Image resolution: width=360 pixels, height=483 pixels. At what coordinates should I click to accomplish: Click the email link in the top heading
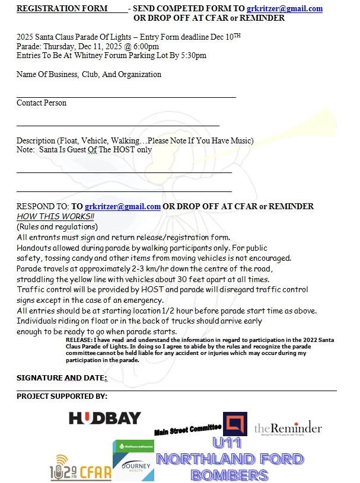[x=285, y=8]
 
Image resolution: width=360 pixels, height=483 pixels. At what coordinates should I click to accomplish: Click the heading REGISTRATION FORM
[x=62, y=8]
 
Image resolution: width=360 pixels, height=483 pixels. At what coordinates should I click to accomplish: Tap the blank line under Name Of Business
[x=126, y=95]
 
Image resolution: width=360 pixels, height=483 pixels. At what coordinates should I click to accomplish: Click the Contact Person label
[x=42, y=103]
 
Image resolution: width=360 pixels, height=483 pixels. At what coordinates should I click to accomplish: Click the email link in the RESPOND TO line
[x=123, y=206]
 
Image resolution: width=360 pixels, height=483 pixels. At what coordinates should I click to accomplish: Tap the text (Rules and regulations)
[x=57, y=226]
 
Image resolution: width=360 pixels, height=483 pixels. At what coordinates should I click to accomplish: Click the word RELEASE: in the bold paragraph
[x=80, y=340]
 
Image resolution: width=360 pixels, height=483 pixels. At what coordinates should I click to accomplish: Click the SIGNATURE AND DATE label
[x=62, y=378]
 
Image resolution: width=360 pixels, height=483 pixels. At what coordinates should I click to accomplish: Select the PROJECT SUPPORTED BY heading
[x=62, y=396]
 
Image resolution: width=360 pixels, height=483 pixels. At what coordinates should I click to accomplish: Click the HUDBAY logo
[x=105, y=418]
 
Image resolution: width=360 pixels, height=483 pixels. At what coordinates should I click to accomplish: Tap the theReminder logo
[x=288, y=428]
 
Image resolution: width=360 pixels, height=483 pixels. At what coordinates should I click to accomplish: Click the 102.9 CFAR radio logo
[x=80, y=468]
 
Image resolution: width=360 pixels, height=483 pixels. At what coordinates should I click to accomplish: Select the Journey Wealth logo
[x=133, y=461]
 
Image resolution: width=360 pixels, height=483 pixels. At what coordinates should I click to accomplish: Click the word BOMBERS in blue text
[x=230, y=474]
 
